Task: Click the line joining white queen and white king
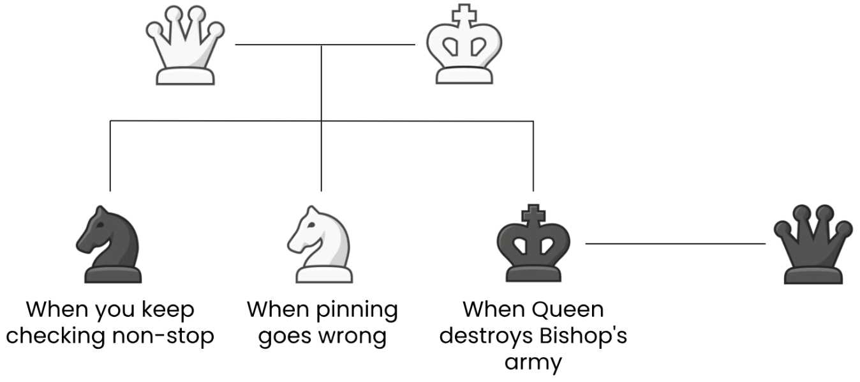281,45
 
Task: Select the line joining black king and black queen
675,243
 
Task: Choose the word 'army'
533,362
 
